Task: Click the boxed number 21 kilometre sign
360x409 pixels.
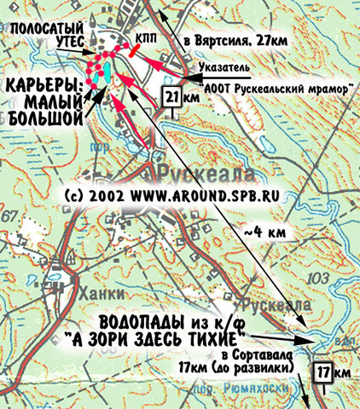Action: point(171,99)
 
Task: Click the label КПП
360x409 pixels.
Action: point(143,38)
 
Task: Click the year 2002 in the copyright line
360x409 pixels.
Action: point(107,195)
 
